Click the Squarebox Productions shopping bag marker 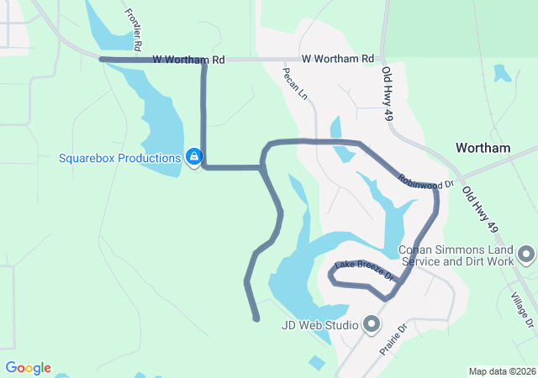[194, 157]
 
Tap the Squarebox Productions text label [119, 158]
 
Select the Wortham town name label [483, 148]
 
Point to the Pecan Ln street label [295, 85]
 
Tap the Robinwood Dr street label [425, 180]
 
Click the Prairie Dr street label [393, 339]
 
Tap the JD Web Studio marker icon [371, 324]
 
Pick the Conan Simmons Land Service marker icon [526, 254]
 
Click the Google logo [28, 368]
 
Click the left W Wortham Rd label [189, 60]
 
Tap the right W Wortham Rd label [337, 59]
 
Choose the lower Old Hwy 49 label [479, 209]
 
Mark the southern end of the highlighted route [256, 318]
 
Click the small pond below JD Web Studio [316, 363]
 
